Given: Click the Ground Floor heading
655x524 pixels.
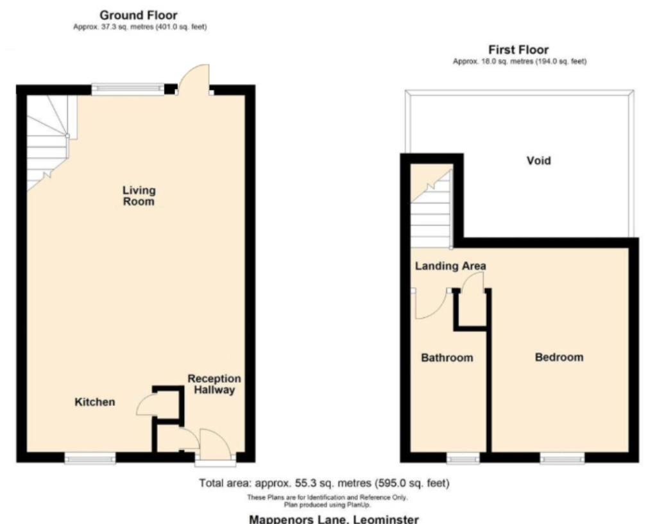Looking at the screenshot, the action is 139,15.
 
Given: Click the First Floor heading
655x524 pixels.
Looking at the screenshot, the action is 518,49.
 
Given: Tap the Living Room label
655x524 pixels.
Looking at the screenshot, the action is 139,196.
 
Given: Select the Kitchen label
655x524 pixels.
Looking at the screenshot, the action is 95,402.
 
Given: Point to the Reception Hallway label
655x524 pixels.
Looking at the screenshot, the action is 214,384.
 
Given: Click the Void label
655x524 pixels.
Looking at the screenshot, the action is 538,161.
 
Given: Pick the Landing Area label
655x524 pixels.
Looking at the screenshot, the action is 450,266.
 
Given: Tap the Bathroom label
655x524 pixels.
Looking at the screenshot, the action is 447,358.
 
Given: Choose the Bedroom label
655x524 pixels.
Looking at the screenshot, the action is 559,357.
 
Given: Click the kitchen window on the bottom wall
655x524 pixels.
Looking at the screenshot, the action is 90,459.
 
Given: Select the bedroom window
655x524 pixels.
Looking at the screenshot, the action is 562,459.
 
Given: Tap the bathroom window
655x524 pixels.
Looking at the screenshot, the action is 463,459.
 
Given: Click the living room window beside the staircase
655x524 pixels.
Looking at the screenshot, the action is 128,88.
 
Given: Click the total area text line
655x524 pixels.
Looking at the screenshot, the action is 324,484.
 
